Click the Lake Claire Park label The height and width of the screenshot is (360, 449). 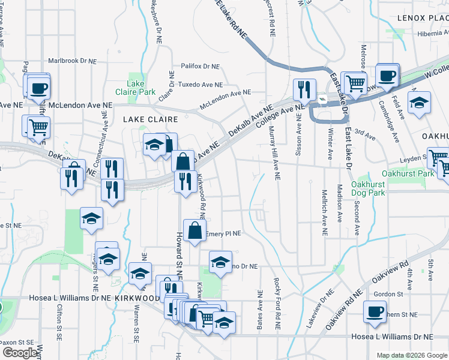tap(136, 88)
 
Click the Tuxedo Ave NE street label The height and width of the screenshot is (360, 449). tap(201, 84)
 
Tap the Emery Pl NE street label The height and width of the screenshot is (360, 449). tap(223, 233)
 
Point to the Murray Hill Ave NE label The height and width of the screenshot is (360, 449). tap(274, 154)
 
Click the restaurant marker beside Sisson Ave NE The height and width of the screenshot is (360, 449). tap(304, 89)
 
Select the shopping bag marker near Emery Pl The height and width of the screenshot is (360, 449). tap(195, 230)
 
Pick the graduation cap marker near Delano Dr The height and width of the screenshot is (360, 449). tap(220, 262)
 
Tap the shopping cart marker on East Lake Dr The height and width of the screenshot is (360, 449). tap(355, 83)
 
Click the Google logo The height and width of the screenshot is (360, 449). tap(20, 353)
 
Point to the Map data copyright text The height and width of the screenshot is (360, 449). tap(411, 355)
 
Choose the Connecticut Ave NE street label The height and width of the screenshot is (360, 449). tap(104, 136)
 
